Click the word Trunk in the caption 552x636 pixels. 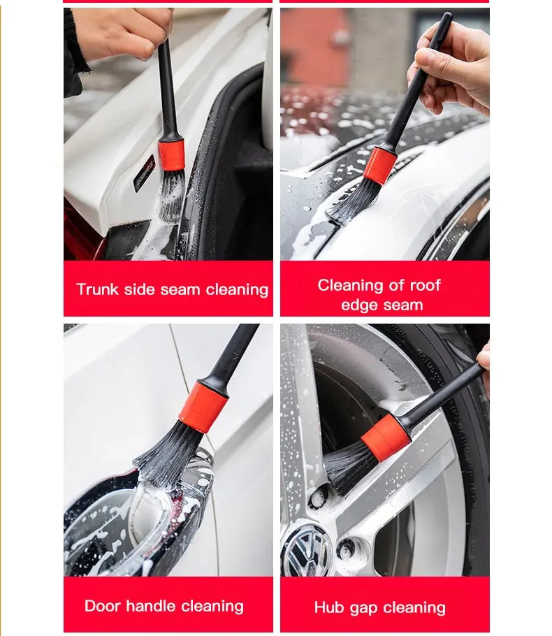click(x=97, y=289)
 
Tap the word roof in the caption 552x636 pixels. click(x=424, y=285)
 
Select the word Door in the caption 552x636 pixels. click(x=103, y=606)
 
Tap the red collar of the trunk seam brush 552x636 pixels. click(x=171, y=154)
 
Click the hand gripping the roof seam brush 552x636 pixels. click(x=454, y=66)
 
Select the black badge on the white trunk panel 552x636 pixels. click(x=144, y=173)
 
